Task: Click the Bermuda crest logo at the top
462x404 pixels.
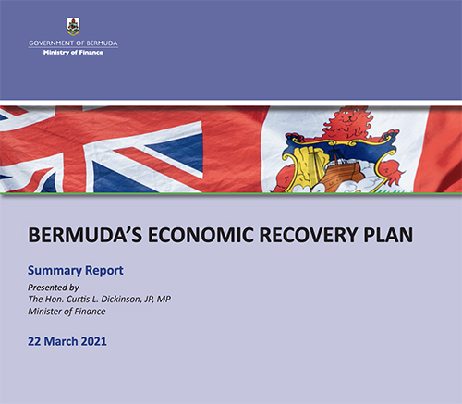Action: tap(73, 26)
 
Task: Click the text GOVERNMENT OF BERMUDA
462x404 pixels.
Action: tap(73, 43)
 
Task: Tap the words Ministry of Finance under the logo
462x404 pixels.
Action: tap(73, 53)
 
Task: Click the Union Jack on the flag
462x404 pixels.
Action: tap(102, 148)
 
